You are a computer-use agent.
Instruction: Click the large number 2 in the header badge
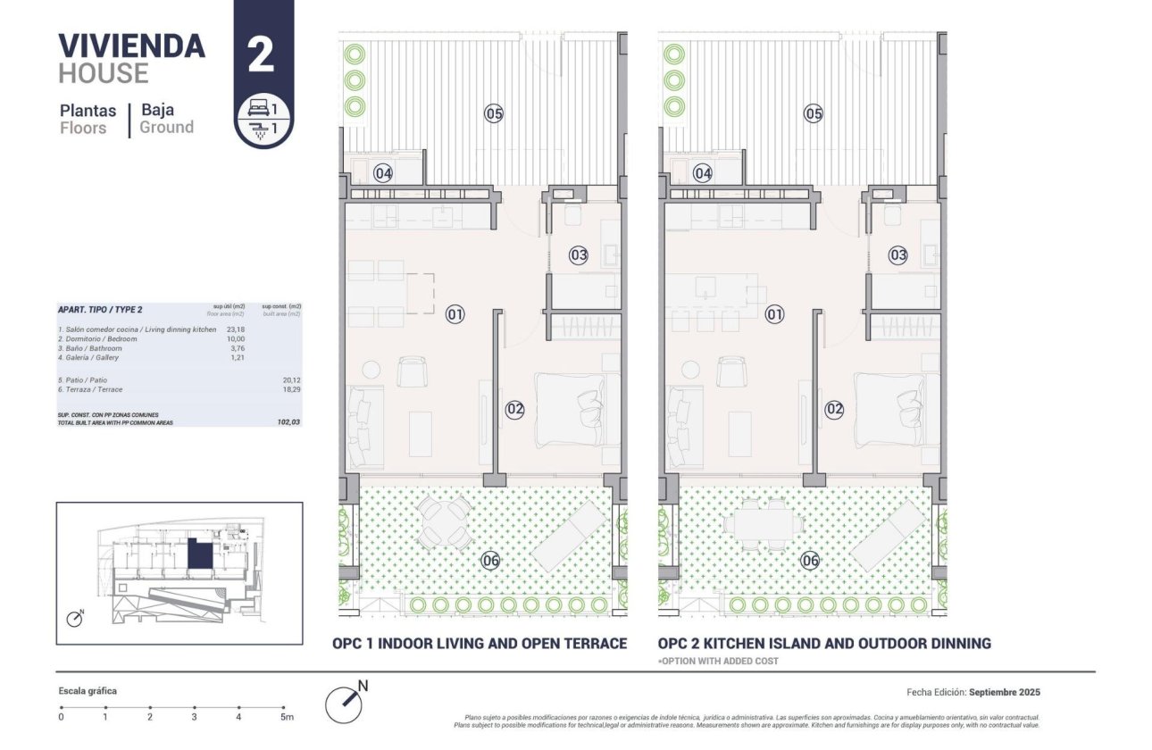260,56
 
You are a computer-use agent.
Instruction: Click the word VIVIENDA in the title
131,46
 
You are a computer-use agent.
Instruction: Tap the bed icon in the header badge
258,108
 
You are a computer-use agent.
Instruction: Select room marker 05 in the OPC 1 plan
494,113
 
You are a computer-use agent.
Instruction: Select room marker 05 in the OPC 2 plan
813,113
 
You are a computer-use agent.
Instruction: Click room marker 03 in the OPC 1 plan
579,255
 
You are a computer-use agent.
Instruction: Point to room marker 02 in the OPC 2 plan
834,410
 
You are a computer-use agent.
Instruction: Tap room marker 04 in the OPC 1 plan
383,173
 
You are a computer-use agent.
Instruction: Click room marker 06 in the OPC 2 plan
809,561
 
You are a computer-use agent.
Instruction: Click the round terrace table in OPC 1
445,522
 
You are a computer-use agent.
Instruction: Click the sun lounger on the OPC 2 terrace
887,535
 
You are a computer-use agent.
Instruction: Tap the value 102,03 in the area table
288,422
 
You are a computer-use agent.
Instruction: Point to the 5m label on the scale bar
286,717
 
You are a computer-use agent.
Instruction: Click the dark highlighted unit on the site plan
200,557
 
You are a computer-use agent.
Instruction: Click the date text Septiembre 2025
1004,692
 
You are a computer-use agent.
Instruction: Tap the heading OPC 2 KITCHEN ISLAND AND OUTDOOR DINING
824,643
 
